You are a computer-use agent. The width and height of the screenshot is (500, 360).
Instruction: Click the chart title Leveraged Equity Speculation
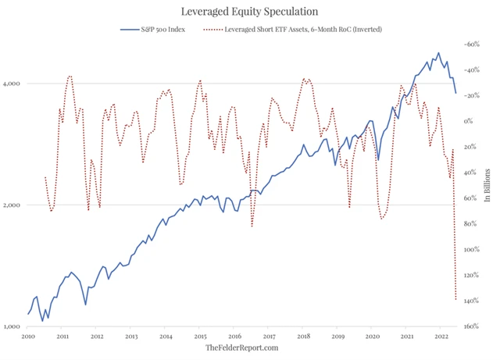tap(250, 12)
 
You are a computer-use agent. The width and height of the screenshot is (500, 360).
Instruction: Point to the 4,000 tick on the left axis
tap(13, 84)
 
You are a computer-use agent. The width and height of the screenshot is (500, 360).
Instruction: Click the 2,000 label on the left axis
tap(13, 205)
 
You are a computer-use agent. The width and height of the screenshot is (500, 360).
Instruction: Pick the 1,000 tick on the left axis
tap(13, 326)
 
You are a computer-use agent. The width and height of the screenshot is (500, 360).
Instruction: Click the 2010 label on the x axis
tap(27, 337)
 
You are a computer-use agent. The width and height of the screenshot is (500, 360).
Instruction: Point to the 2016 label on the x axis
tap(234, 337)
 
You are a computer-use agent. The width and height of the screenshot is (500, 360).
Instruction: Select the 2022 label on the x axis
tap(440, 337)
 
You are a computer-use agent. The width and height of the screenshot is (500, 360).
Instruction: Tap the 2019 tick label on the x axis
tap(337, 337)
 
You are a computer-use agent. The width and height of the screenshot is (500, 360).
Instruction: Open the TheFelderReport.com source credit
tap(242, 348)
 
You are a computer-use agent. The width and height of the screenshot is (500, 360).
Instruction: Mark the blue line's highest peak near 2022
tap(438, 53)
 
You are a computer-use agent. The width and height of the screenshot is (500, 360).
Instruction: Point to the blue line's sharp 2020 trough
tap(379, 159)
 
